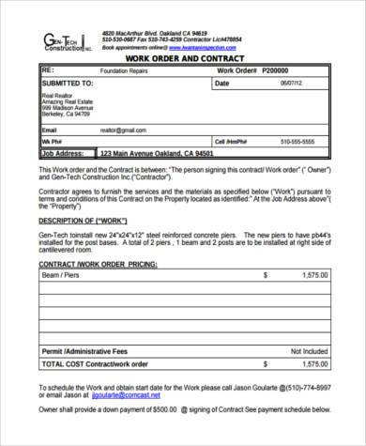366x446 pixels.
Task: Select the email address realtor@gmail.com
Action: click(x=123, y=131)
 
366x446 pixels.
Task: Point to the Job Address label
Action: click(x=65, y=153)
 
